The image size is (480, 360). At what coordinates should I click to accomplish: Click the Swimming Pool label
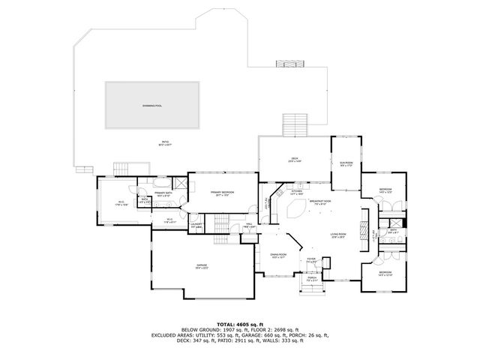[x=153, y=106]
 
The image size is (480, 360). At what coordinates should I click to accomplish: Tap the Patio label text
[x=164, y=143]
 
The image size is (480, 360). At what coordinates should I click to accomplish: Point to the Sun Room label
[x=346, y=163]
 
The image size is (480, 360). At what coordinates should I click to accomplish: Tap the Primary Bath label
[x=164, y=194]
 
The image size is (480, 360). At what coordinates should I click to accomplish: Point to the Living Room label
[x=338, y=235]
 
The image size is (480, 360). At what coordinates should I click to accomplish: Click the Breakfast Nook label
[x=319, y=201]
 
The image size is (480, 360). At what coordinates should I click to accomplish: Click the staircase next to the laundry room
[x=220, y=223]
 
